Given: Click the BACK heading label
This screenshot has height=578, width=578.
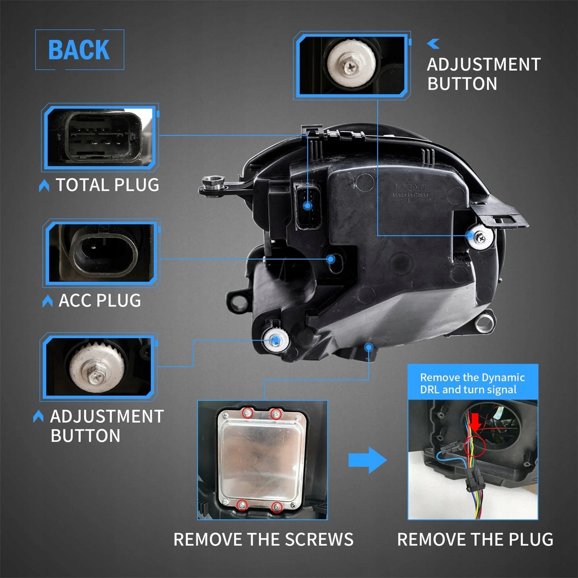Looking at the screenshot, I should point(79,50).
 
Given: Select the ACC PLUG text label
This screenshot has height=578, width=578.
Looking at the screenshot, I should point(99,300).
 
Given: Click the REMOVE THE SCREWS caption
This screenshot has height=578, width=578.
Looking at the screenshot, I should point(263,539).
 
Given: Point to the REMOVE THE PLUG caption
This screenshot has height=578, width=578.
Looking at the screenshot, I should point(475,539).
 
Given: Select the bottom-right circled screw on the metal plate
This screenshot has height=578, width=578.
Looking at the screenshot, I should point(277,507).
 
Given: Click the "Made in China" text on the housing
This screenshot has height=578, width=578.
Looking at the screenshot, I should point(410,195).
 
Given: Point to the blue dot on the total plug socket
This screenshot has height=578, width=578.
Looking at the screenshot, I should point(307,206).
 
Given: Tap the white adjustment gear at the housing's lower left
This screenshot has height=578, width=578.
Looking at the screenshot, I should point(275,339).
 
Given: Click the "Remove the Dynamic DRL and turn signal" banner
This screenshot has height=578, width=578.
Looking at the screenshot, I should point(472,383).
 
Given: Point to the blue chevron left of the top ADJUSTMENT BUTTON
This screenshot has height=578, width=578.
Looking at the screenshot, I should point(433,43).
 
